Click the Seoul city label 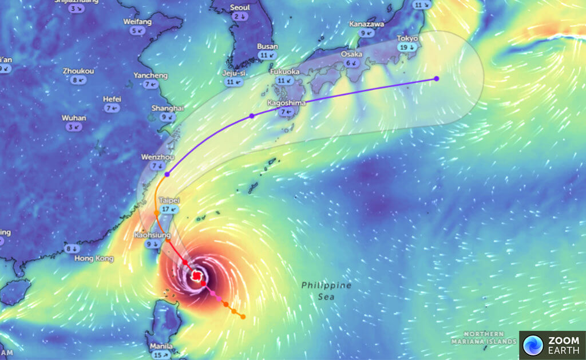(240, 7)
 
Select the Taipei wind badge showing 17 (168, 209)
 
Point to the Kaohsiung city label (152, 235)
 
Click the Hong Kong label (94, 259)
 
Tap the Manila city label (160, 346)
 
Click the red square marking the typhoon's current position (196, 276)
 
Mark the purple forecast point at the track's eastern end (437, 78)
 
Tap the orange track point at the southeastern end (243, 317)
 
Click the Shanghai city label (168, 108)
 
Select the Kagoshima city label (286, 103)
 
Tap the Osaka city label (351, 54)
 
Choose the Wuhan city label (74, 118)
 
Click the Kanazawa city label (366, 25)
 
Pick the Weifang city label (137, 22)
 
